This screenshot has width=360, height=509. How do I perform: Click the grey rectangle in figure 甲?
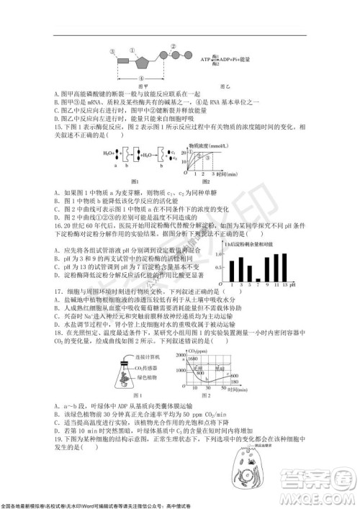tap(133, 54)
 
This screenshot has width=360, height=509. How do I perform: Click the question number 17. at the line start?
tap(58, 290)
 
